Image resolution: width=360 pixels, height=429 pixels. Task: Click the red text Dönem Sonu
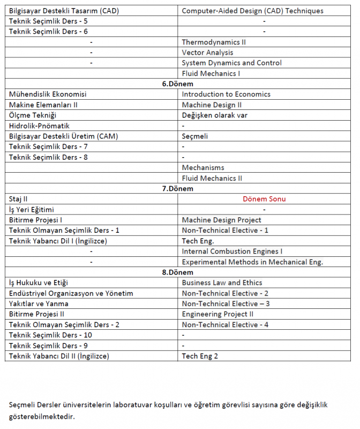coord(264,199)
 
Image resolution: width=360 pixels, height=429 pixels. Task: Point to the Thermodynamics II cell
coord(214,42)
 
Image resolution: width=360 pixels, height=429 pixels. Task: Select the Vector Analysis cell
coord(207,53)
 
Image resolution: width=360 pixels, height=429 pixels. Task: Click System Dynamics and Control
coord(231,63)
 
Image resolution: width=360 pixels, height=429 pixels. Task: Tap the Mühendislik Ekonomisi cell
coord(48,94)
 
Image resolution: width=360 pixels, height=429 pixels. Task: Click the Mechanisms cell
coord(203,168)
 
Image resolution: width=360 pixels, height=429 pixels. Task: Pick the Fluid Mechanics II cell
coord(212,178)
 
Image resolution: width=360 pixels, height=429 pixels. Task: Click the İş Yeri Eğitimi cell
coord(32,210)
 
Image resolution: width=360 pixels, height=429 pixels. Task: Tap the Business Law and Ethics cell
coord(222,283)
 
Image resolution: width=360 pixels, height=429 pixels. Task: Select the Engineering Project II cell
coord(217,314)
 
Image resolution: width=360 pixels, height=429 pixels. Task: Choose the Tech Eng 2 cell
coord(200,356)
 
